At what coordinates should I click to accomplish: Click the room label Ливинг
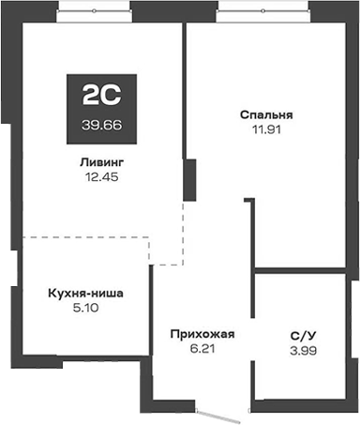(102, 161)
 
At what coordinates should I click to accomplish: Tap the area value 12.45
(102, 176)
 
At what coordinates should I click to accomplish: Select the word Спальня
(266, 115)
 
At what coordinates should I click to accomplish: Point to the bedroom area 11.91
(266, 130)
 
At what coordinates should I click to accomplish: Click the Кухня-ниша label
(84, 293)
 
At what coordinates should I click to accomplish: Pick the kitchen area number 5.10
(84, 308)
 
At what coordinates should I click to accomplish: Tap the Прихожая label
(202, 333)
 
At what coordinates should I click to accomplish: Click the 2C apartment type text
(102, 94)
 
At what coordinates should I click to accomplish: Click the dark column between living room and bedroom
(187, 178)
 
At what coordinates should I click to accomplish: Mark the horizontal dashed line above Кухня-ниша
(84, 236)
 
